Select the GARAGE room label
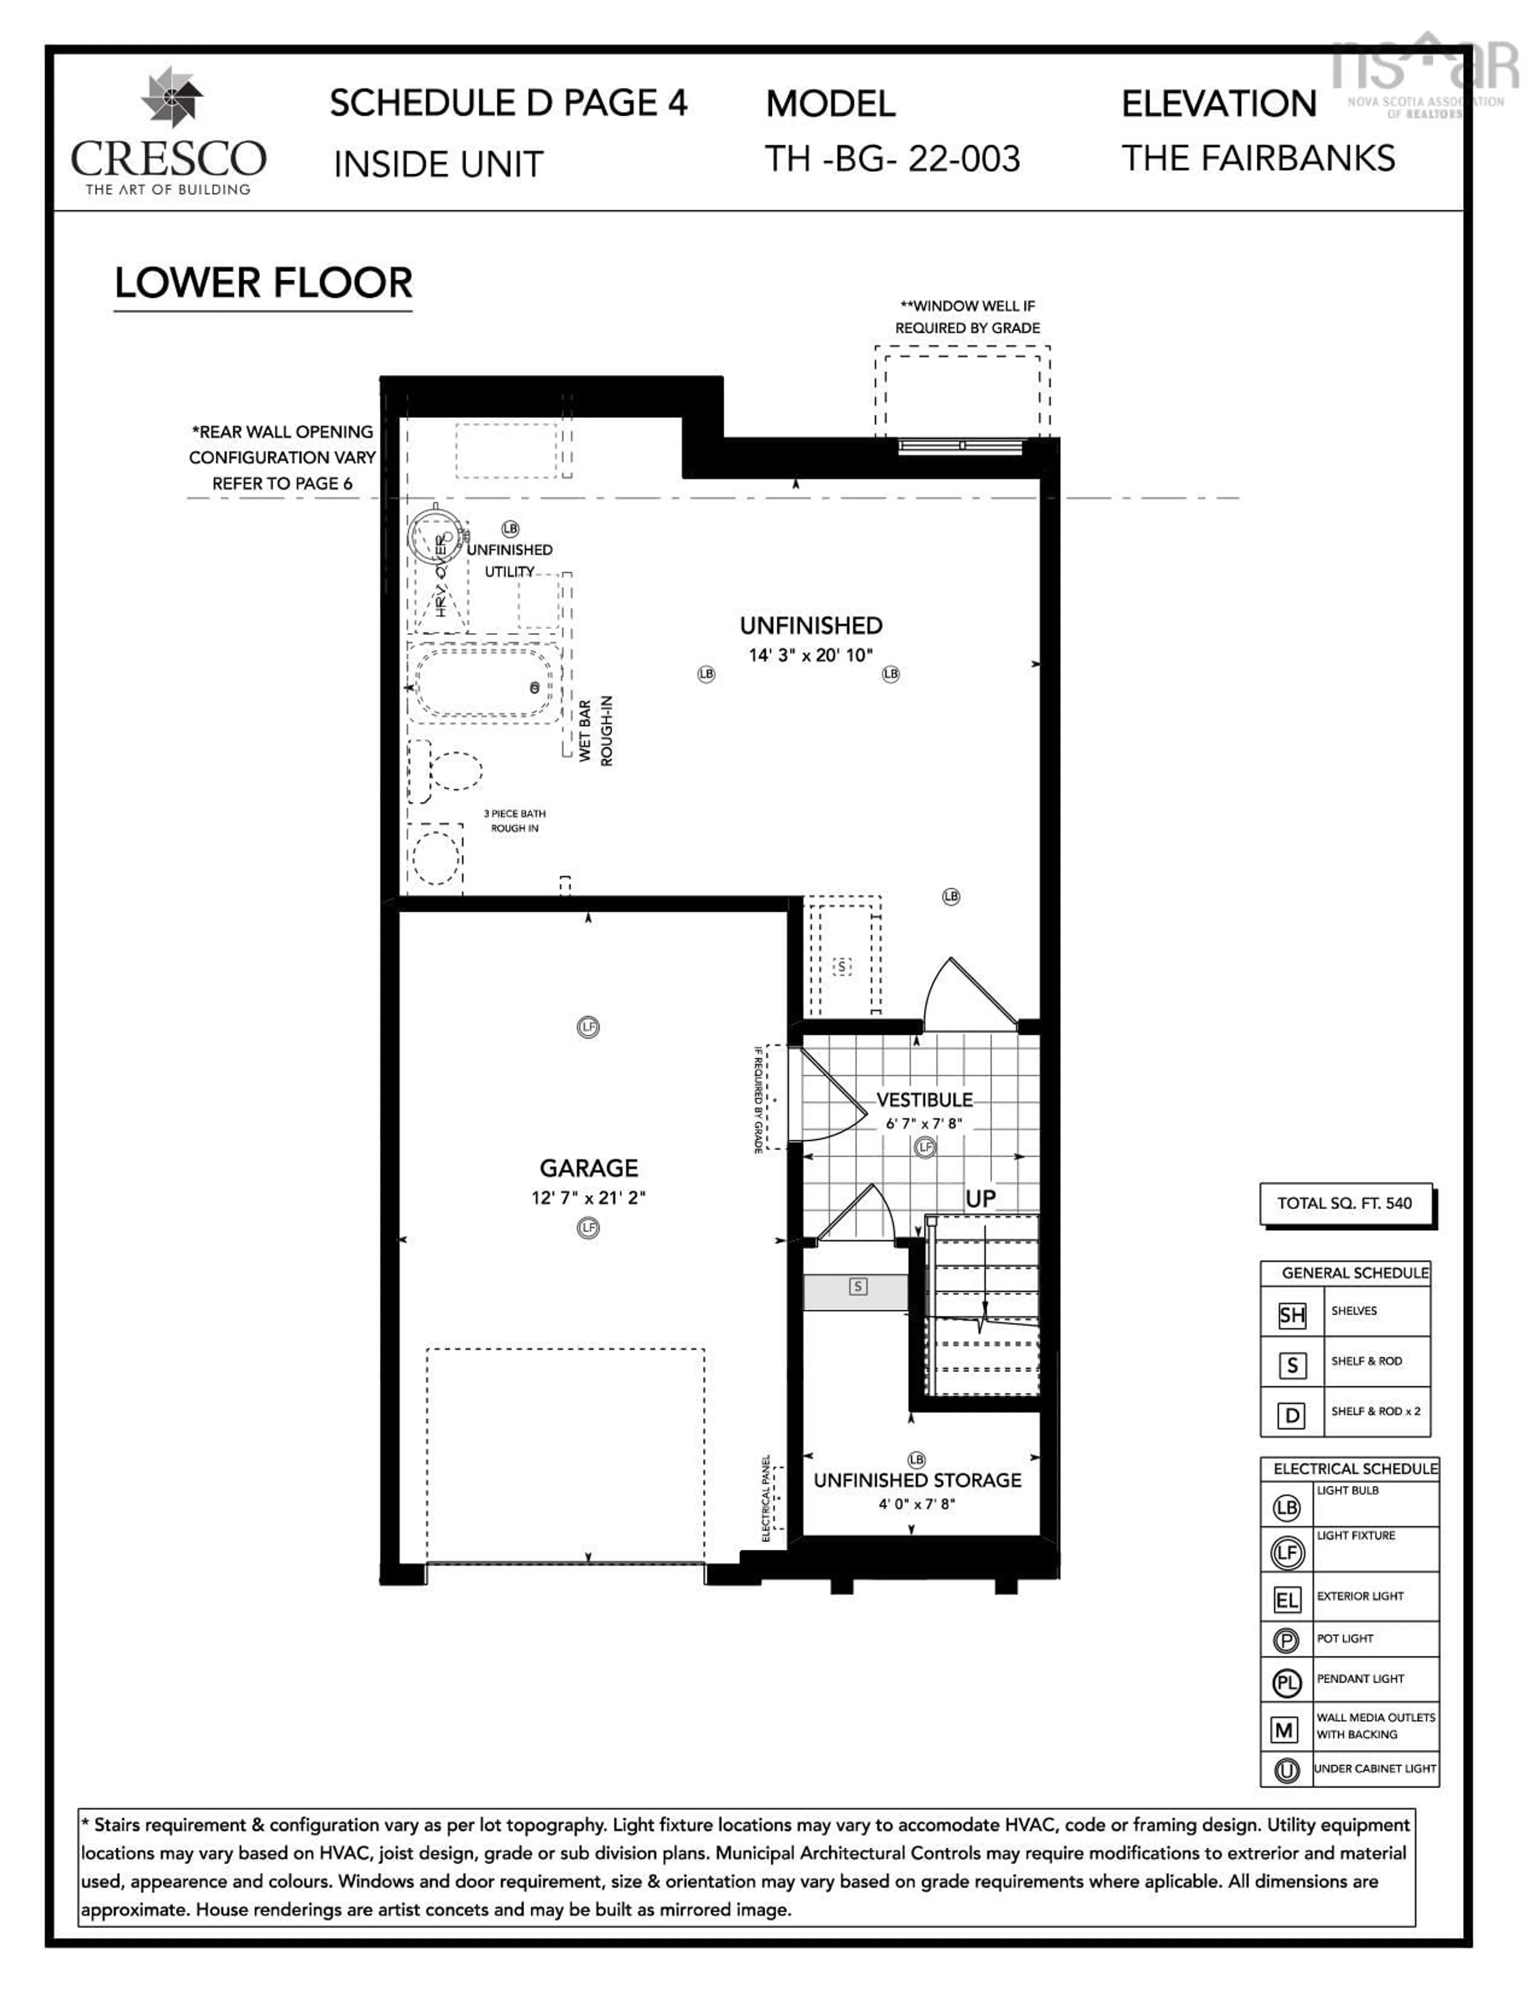coord(589,1168)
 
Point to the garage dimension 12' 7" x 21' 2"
coord(589,1197)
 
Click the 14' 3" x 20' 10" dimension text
coord(810,655)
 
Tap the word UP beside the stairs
coord(980,1199)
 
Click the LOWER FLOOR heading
coord(263,284)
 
